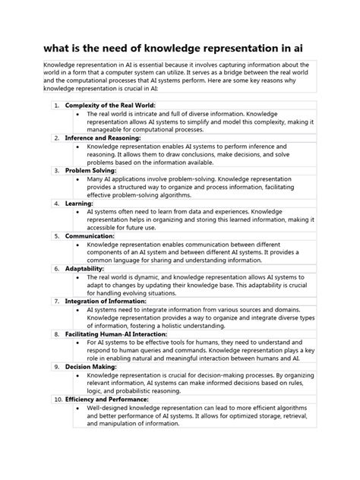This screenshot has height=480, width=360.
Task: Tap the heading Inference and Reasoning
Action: point(103,137)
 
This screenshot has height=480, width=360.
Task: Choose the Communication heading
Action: point(90,236)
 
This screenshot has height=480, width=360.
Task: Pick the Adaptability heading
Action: point(84,269)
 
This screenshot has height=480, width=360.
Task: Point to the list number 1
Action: point(57,105)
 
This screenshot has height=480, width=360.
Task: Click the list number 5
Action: point(57,236)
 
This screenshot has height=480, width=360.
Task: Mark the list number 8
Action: point(57,333)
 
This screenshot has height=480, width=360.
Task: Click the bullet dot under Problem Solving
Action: point(80,180)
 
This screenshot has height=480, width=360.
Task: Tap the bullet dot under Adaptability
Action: point(80,278)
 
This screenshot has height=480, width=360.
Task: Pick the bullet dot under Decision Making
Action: point(80,375)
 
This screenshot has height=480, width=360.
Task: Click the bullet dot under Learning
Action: point(80,213)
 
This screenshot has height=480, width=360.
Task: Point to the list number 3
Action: point(57,171)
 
